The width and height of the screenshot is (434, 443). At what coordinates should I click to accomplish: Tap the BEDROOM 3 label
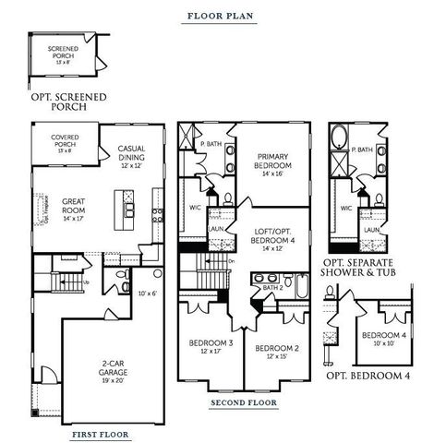coord(209,343)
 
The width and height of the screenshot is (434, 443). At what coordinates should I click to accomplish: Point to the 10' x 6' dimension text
coord(149,293)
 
